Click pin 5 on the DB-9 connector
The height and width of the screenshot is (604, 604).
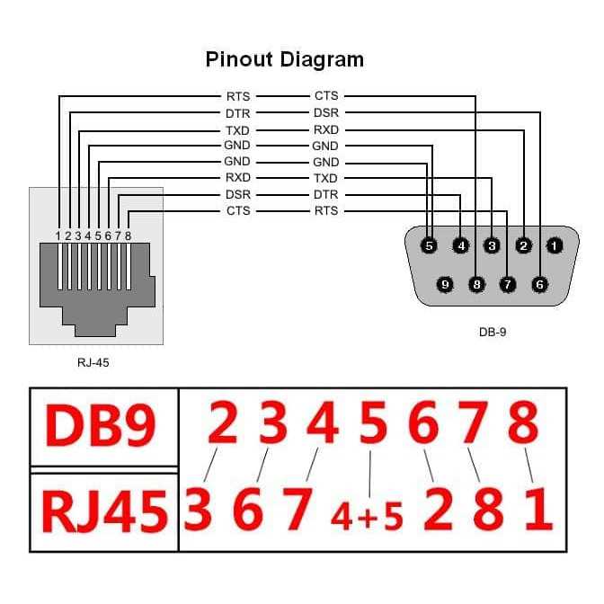[429, 244]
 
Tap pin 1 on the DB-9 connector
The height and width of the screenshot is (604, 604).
[555, 244]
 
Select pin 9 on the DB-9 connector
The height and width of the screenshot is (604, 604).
[445, 284]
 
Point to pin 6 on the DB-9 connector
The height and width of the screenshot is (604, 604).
[539, 284]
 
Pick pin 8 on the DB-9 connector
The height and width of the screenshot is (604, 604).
[476, 284]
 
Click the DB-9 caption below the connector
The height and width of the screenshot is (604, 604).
[493, 332]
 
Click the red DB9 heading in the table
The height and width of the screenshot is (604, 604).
[102, 429]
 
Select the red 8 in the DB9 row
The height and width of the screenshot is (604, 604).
[523, 422]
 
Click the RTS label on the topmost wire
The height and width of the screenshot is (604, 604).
[238, 96]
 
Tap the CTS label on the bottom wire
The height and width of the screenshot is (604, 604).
[238, 211]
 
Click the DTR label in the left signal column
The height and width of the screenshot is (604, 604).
[238, 113]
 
